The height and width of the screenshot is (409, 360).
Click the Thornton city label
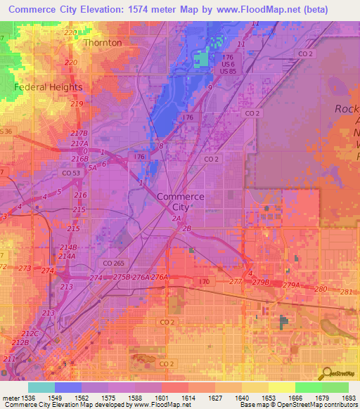tap(102, 43)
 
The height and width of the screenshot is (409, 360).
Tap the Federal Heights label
tap(48, 87)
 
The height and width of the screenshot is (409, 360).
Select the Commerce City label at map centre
tap(181, 202)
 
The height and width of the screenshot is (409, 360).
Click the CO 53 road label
tap(71, 173)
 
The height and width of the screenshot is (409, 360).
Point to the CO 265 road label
tap(112, 263)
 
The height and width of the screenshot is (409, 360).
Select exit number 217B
tap(79, 134)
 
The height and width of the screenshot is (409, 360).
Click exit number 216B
tap(79, 160)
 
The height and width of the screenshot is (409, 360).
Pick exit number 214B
tap(68, 247)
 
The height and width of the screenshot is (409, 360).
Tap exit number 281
tap(345, 292)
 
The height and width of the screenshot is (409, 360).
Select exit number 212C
tap(30, 334)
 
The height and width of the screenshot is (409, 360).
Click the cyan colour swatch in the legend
tap(41, 387)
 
